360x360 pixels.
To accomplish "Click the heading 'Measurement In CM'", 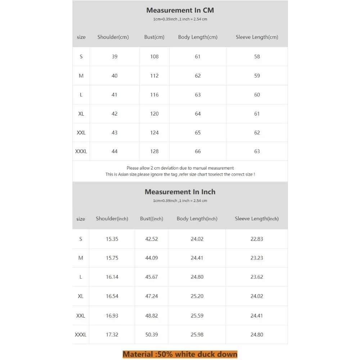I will pyautogui.click(x=180, y=10).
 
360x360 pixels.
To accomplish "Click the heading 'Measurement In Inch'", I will pyautogui.click(x=180, y=192).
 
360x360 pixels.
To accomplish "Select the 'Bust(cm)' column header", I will pyautogui.click(x=154, y=37).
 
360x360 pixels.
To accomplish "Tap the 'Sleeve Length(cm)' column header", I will pyautogui.click(x=257, y=37).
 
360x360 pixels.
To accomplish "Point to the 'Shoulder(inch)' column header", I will pyautogui.click(x=112, y=219).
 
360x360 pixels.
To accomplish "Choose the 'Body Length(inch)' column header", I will pyautogui.click(x=197, y=219).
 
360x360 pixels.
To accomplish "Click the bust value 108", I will pyautogui.click(x=154, y=57).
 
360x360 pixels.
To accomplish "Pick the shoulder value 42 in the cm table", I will pyautogui.click(x=114, y=114).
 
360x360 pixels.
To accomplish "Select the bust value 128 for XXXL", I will pyautogui.click(x=154, y=152).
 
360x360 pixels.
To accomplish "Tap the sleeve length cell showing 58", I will pyautogui.click(x=257, y=57).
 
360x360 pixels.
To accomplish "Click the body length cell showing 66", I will pyautogui.click(x=198, y=152).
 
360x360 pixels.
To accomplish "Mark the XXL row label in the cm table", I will pyautogui.click(x=81, y=133).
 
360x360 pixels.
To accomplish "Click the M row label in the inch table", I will pyautogui.click(x=81, y=258).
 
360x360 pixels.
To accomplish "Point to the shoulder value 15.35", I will pyautogui.click(x=112, y=239).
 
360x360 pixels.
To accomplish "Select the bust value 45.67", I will pyautogui.click(x=152, y=277).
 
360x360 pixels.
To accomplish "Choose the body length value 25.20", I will pyautogui.click(x=197, y=296).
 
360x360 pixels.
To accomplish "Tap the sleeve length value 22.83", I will pyautogui.click(x=257, y=239).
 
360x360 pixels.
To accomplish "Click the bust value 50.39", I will pyautogui.click(x=152, y=335).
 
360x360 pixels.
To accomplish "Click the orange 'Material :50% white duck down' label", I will pyautogui.click(x=180, y=354).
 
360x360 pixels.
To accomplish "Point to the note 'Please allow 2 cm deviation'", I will pyautogui.click(x=180, y=168).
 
